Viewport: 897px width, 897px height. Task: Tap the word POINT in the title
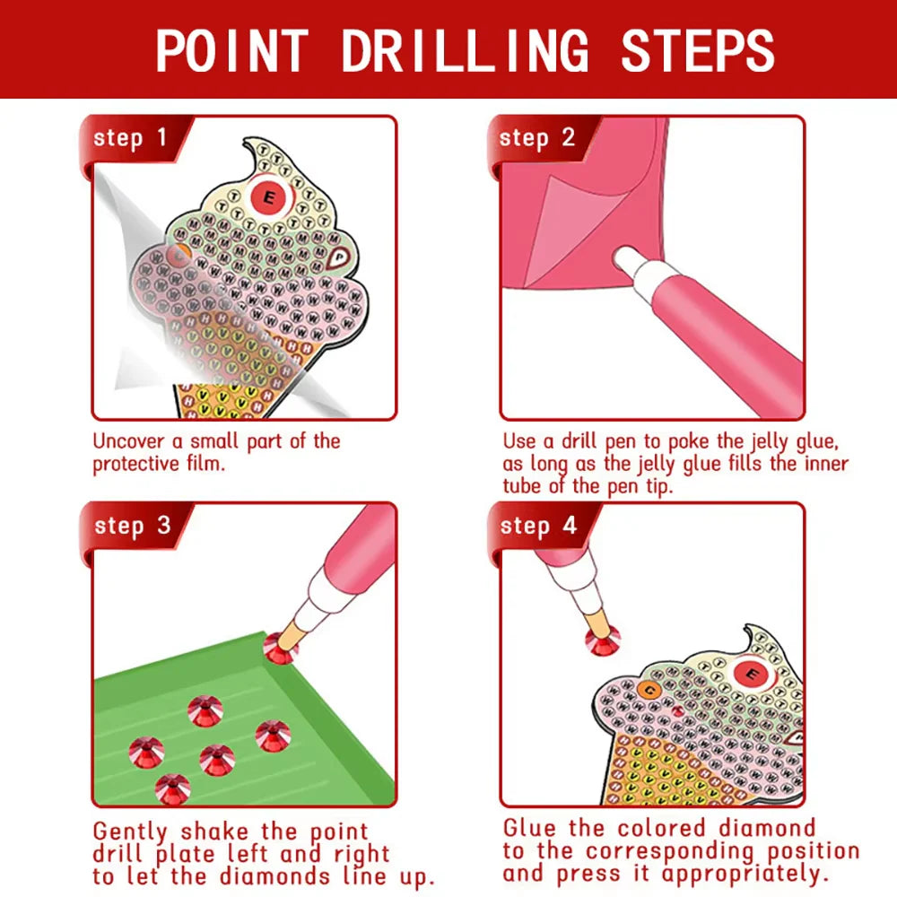point(232,50)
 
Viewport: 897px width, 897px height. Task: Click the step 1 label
point(130,139)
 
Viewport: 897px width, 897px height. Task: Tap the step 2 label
point(536,138)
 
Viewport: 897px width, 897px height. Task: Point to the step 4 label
point(537,526)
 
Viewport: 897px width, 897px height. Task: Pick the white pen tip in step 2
point(629,263)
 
